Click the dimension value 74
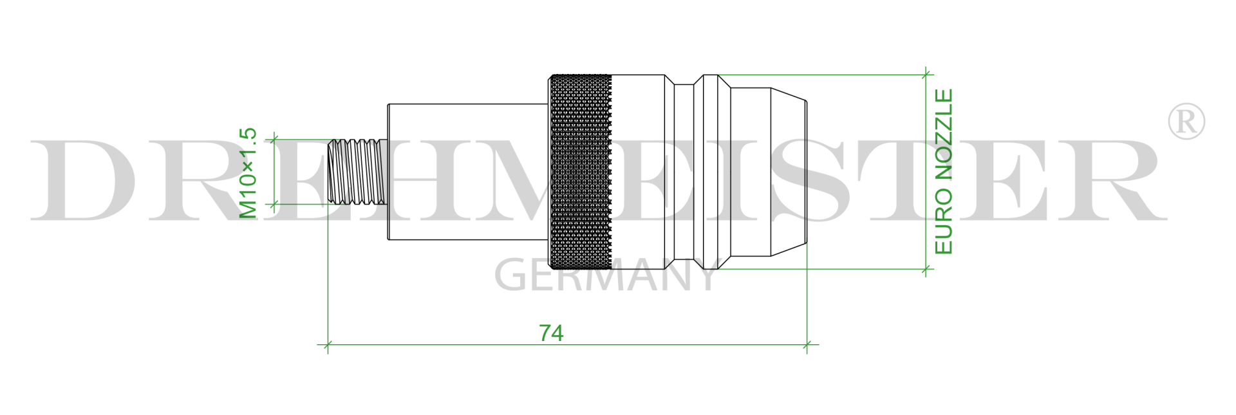tap(551, 333)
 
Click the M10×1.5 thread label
tap(248, 173)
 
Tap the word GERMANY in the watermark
tap(605, 275)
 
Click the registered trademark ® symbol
tap(1186, 121)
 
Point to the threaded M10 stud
tap(357, 171)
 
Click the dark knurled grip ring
tap(579, 171)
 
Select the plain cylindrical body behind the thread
tap(467, 171)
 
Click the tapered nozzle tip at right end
tap(789, 171)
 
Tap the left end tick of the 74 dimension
tap(328, 345)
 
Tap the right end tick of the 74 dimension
tap(807, 345)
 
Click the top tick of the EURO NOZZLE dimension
tap(926, 75)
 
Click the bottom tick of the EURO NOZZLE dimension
tap(926, 269)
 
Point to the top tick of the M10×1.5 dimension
tap(274, 138)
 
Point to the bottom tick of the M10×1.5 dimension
tap(274, 204)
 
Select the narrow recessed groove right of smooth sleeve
tap(684, 171)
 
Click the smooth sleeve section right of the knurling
tap(637, 171)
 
